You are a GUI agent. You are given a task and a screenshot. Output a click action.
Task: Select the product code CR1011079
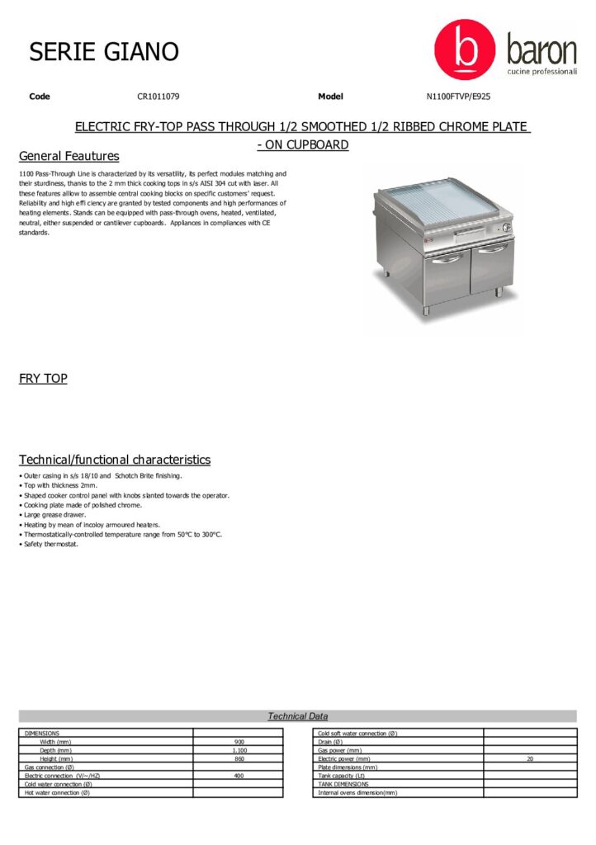coord(158,97)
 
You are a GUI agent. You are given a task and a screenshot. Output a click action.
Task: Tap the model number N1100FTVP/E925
coord(458,97)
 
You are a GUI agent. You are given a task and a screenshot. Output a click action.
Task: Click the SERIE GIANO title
coord(104,52)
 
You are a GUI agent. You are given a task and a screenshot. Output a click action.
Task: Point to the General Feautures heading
coord(69,156)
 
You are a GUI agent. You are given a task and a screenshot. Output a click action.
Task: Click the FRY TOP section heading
coord(43,379)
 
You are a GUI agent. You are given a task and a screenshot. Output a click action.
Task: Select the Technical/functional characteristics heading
coord(115,460)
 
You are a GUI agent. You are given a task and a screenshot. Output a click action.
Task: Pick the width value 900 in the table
coord(239,742)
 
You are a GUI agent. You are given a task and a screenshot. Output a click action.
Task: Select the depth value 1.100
coord(239,750)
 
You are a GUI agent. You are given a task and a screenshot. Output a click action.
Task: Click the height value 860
coord(239,758)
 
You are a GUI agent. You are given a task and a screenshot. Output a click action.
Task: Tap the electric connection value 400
coord(239,776)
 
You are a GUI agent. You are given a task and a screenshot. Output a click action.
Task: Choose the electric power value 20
coord(530,758)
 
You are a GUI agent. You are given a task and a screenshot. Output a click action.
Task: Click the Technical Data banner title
coord(298,716)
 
